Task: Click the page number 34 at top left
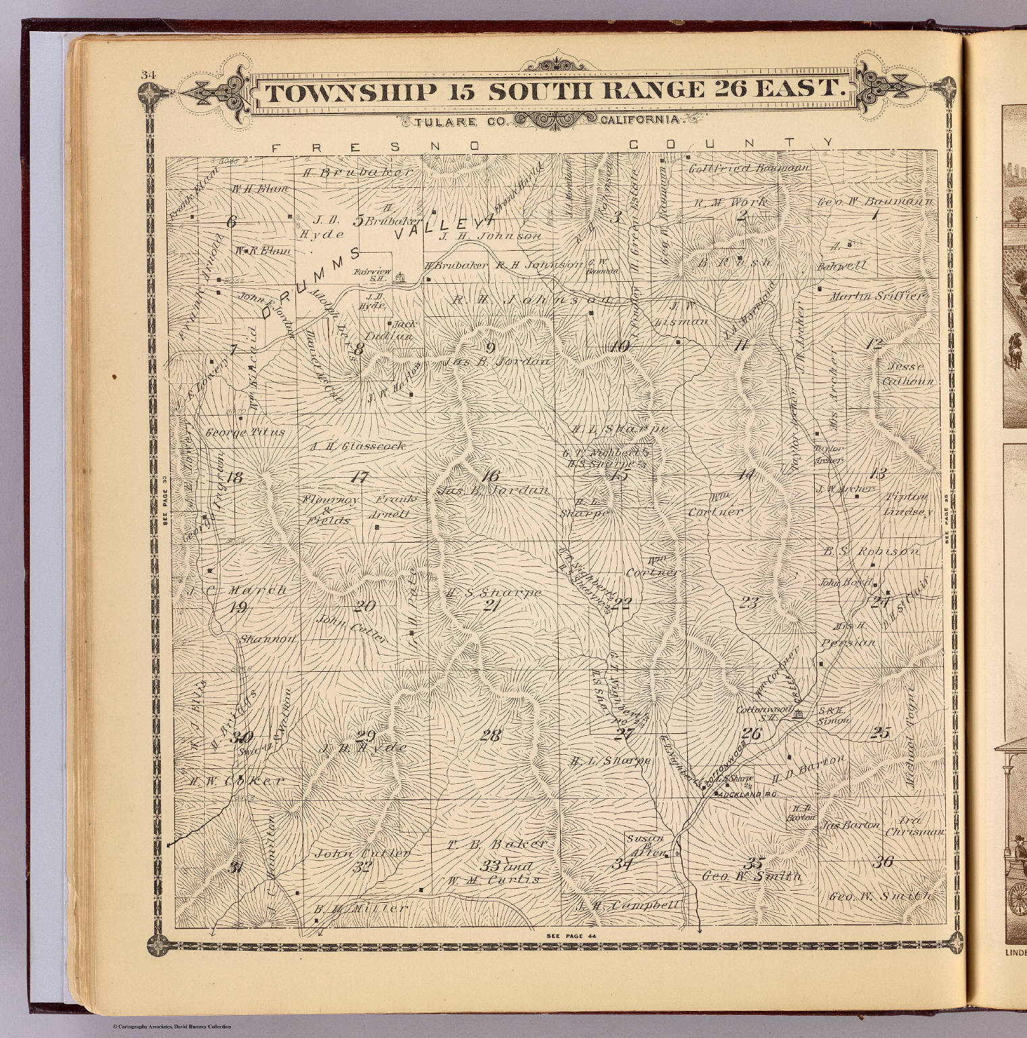[148, 75]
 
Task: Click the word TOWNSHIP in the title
[349, 93]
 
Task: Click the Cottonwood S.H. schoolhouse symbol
[799, 714]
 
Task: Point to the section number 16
[490, 474]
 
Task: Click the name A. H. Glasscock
[357, 446]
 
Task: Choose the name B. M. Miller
[361, 909]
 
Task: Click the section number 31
[235, 868]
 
